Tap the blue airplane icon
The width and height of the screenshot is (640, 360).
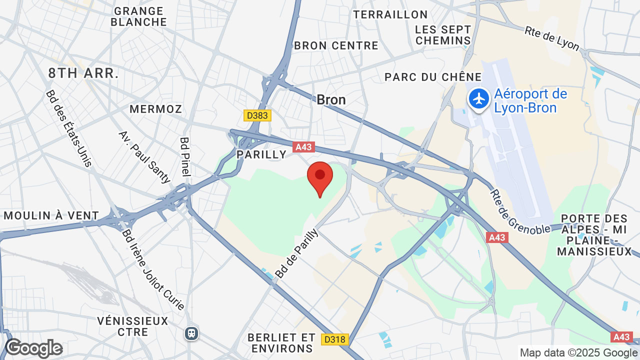click(479, 99)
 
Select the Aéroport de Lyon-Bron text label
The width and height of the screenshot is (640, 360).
click(530, 100)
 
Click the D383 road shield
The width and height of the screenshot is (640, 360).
click(257, 115)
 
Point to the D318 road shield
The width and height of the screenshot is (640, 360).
click(334, 339)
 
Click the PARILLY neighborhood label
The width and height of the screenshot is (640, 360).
click(261, 154)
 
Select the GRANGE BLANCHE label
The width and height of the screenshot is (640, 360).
click(138, 16)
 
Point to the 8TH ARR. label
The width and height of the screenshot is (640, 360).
click(83, 73)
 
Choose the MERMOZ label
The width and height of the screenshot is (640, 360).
click(156, 109)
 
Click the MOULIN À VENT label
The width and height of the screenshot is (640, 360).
click(51, 215)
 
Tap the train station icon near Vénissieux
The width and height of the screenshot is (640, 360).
click(191, 333)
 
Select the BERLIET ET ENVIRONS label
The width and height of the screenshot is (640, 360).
click(281, 342)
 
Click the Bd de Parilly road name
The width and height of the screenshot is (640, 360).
click(297, 253)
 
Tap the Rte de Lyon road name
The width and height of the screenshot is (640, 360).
click(551, 38)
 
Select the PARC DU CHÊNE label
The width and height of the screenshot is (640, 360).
click(433, 77)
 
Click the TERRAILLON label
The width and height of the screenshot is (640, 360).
click(390, 14)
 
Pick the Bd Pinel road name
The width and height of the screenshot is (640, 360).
click(185, 156)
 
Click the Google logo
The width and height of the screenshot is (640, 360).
click(34, 348)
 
